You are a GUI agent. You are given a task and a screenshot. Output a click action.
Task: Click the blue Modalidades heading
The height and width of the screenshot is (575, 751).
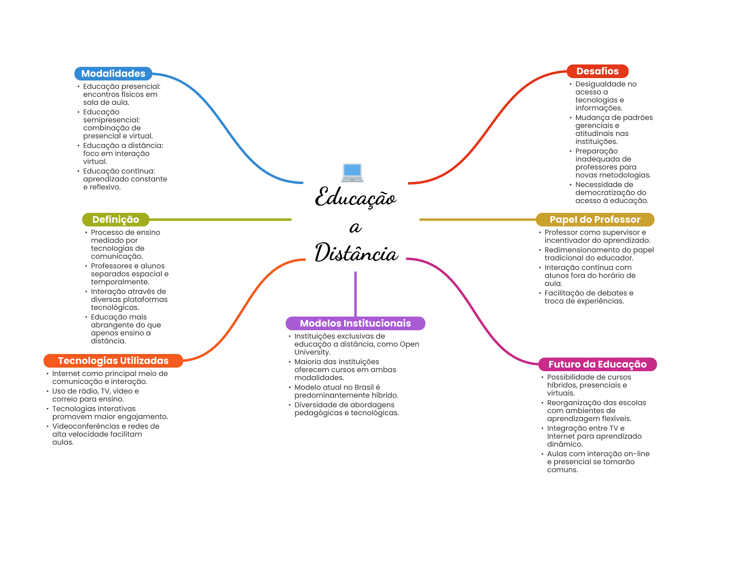coord(113,74)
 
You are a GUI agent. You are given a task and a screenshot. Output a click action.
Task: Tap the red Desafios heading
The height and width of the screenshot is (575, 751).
coord(597,71)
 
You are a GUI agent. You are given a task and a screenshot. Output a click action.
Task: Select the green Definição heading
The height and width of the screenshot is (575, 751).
coord(116,220)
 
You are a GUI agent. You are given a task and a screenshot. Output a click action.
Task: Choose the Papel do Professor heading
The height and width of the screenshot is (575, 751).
coord(595,220)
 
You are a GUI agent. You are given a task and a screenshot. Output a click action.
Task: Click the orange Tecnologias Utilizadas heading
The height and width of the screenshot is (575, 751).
coord(113,361)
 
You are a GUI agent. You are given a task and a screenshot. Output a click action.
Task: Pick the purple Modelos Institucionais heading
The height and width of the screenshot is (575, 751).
coord(355,323)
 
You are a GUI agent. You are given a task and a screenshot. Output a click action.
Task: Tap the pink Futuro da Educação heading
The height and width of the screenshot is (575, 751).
coord(597,364)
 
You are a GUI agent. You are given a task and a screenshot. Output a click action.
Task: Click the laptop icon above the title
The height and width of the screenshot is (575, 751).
coord(352,173)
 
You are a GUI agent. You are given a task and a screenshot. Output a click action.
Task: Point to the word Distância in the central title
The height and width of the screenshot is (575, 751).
coord(356,253)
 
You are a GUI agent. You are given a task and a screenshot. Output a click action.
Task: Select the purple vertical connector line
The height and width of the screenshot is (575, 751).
coord(355,293)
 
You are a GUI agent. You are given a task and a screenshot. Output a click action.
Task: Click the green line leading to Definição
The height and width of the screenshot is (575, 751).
coord(220,220)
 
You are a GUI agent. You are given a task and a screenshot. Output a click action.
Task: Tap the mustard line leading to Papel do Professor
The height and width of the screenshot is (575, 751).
coord(477,220)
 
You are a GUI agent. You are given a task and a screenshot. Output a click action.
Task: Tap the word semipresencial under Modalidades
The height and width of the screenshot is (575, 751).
coord(111,120)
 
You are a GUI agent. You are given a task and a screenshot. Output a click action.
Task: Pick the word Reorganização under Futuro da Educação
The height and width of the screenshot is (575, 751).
coord(574,403)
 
